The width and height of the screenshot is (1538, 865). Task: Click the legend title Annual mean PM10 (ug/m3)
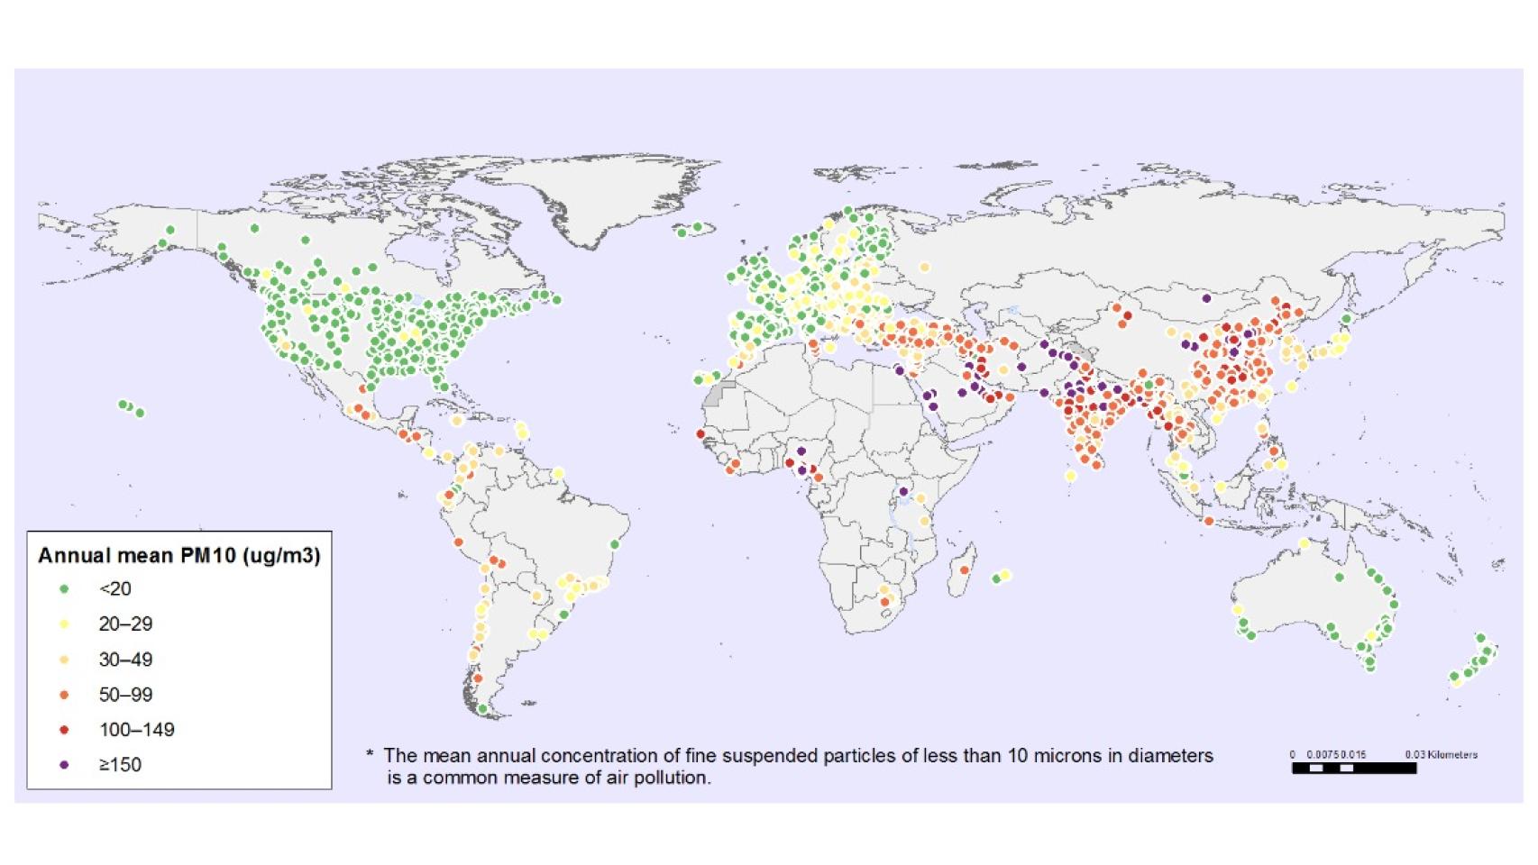click(x=179, y=555)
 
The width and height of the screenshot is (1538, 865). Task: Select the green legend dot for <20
click(x=64, y=589)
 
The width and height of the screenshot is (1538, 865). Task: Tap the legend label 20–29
click(x=125, y=624)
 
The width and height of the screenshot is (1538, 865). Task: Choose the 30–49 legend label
click(x=125, y=660)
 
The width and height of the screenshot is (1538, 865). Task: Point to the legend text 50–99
click(x=125, y=695)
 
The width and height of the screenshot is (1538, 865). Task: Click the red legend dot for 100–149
click(x=64, y=730)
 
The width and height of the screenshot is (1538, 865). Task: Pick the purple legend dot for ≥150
click(x=64, y=765)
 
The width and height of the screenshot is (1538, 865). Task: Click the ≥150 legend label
click(x=120, y=765)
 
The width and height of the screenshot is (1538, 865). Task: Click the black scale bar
click(x=1353, y=769)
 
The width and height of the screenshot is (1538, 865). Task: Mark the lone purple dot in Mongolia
click(x=1206, y=298)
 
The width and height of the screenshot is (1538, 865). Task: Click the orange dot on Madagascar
click(x=965, y=569)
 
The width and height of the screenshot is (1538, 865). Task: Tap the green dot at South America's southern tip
click(x=482, y=709)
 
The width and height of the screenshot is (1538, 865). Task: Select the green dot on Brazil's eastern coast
click(x=615, y=544)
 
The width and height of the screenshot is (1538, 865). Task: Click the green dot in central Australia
click(x=1340, y=578)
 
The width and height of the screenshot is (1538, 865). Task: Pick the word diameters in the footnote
click(x=1170, y=755)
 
